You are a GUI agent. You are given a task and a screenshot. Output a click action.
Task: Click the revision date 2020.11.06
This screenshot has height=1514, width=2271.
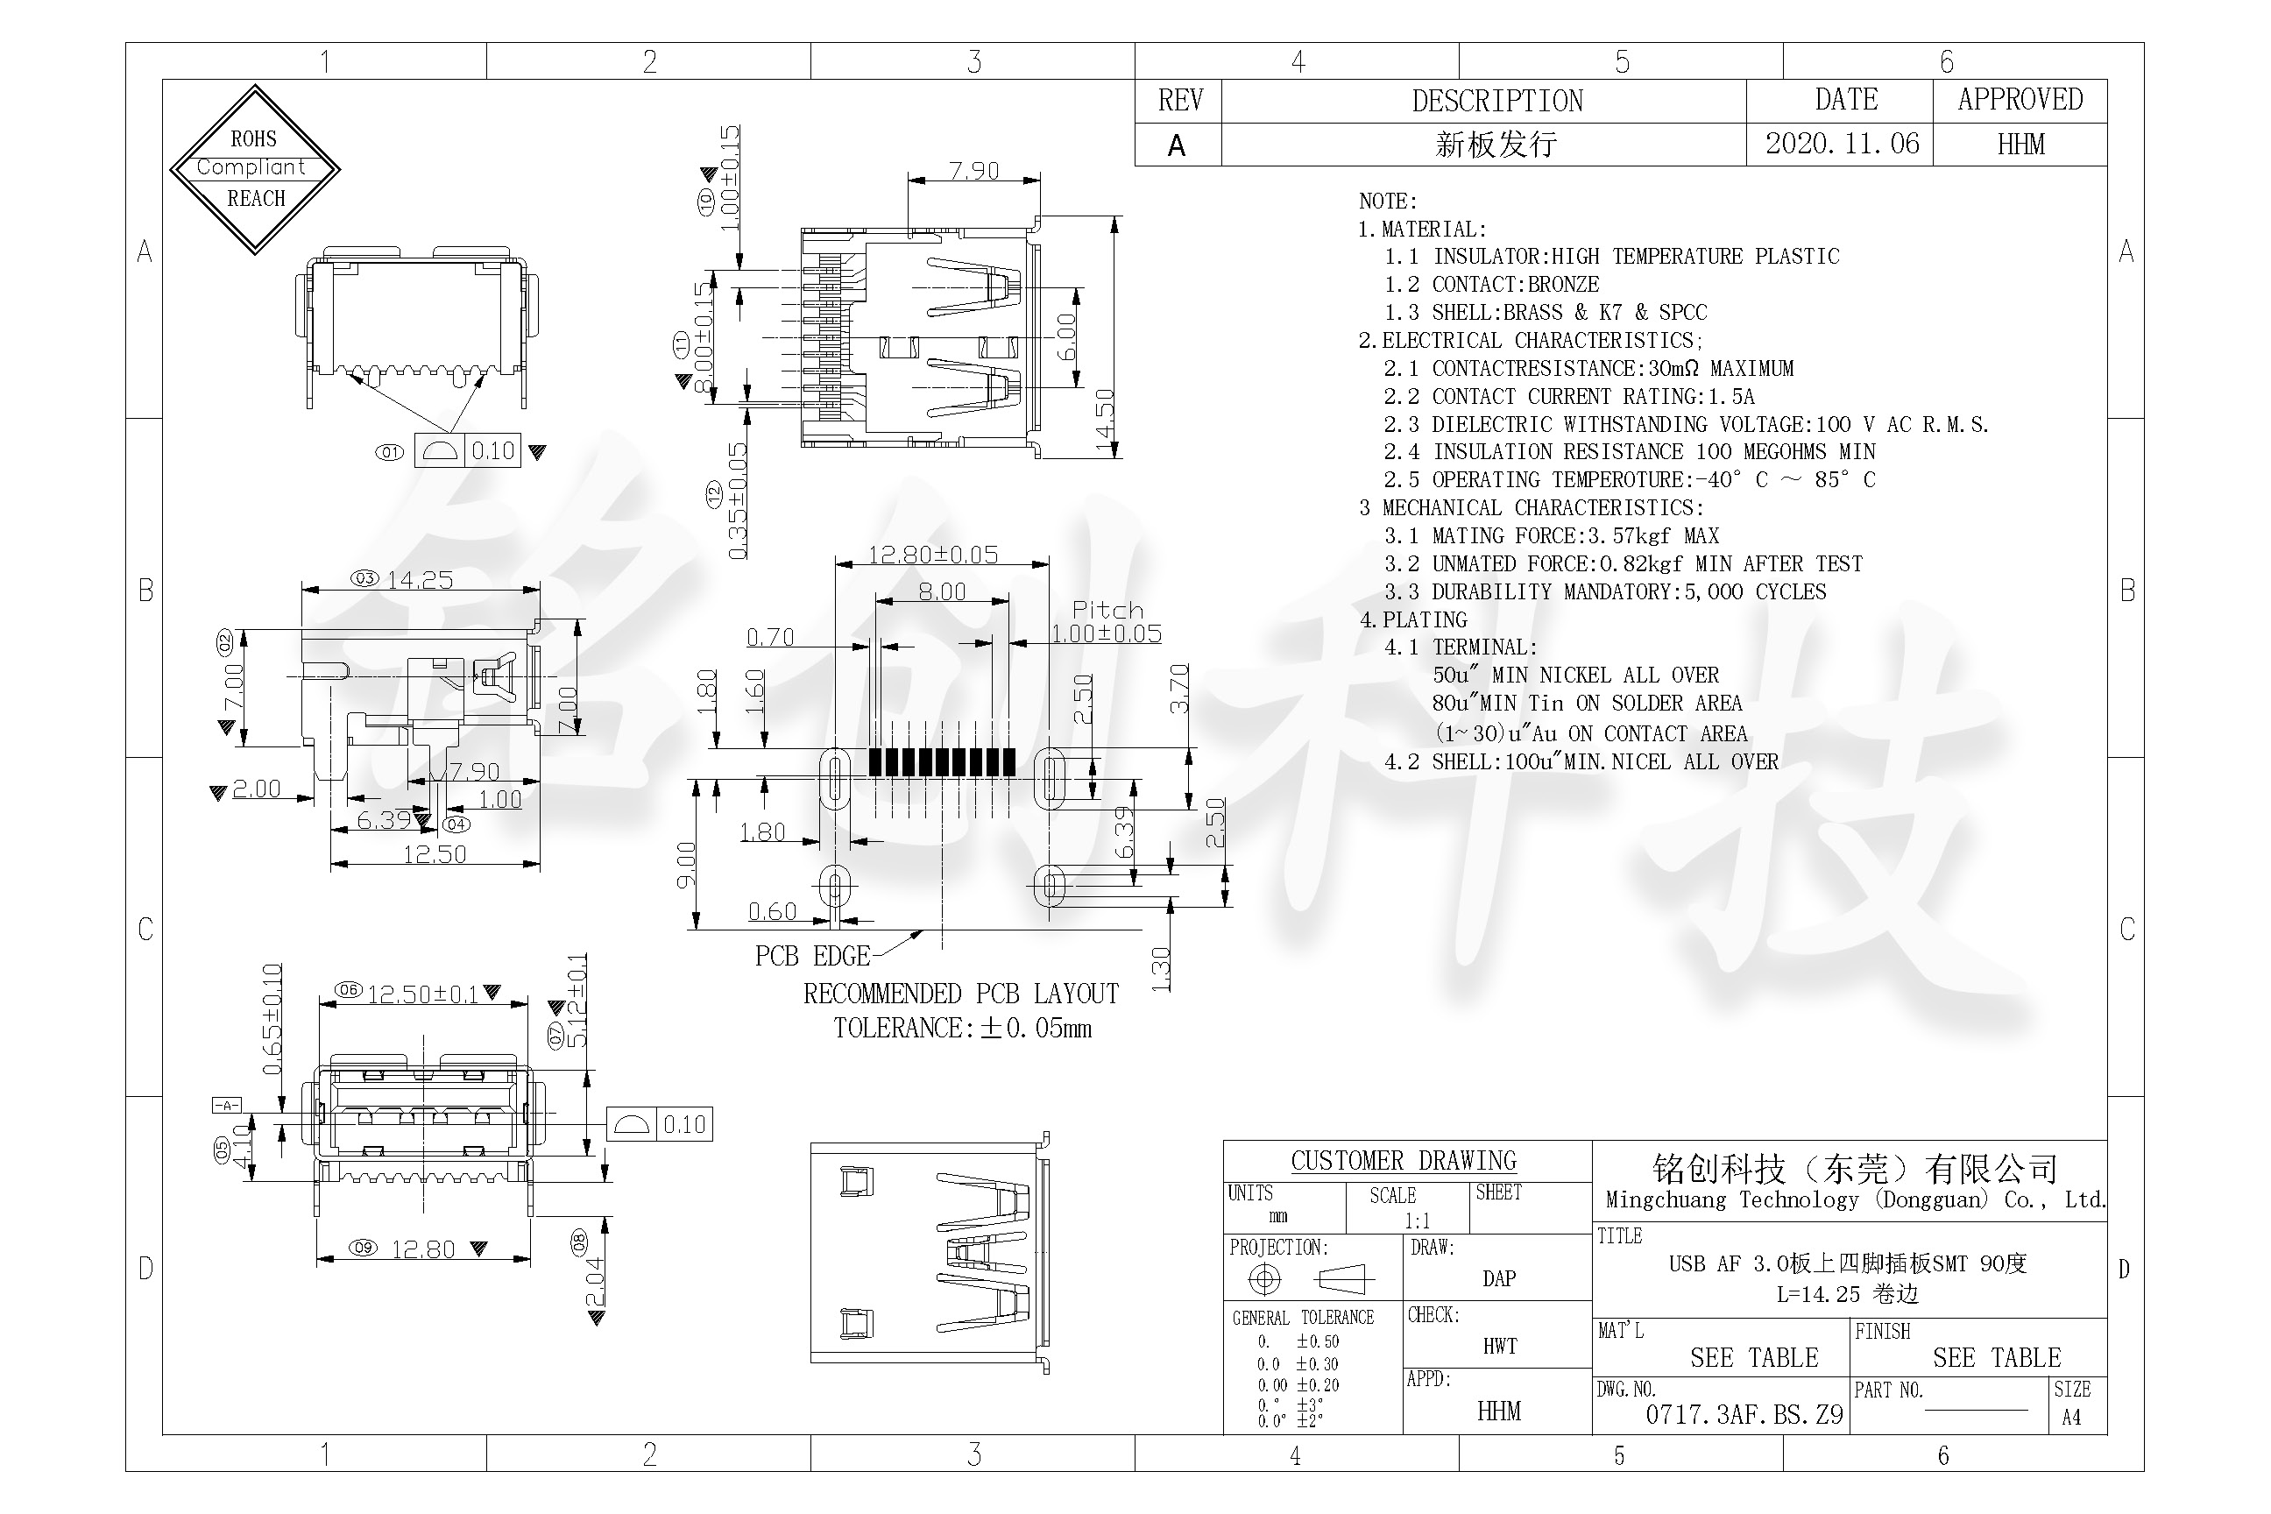tap(1842, 144)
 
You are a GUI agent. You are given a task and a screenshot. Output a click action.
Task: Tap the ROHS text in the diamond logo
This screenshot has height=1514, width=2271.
tap(254, 139)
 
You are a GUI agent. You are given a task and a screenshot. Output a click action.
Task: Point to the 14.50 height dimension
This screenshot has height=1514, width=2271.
tap(1106, 422)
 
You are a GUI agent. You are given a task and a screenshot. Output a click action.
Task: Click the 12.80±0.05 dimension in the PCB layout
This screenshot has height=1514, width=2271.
tap(933, 555)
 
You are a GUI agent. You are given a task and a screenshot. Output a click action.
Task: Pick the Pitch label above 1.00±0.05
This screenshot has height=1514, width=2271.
tap(1107, 610)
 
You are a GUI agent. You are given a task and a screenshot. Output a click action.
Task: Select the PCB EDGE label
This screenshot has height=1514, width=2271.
tap(812, 956)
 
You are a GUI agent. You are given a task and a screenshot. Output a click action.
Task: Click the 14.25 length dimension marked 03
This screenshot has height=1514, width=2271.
tap(419, 580)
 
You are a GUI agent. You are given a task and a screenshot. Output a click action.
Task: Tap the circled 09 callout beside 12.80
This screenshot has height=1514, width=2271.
tap(363, 1248)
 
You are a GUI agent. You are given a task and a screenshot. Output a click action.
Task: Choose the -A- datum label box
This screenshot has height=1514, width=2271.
tap(226, 1105)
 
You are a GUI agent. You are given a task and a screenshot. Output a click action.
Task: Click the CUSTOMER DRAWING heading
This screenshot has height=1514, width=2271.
tap(1403, 1161)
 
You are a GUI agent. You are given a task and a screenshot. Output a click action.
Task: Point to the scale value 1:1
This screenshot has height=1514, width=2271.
tap(1417, 1220)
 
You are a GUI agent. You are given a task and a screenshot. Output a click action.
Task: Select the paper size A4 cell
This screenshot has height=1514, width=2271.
tap(2071, 1418)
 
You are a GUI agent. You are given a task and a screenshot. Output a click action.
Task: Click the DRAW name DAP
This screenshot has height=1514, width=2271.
tap(1498, 1278)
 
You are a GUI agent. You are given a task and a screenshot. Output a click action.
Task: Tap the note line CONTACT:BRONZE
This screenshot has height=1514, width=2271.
tap(1515, 285)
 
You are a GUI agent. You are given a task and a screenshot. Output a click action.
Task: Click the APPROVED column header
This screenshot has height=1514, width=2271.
tap(2020, 100)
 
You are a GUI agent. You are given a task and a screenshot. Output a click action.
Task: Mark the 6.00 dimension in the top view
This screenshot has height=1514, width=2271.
tap(1067, 336)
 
